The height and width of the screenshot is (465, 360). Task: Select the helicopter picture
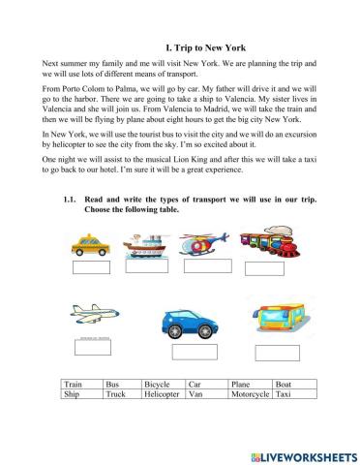(207, 242)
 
